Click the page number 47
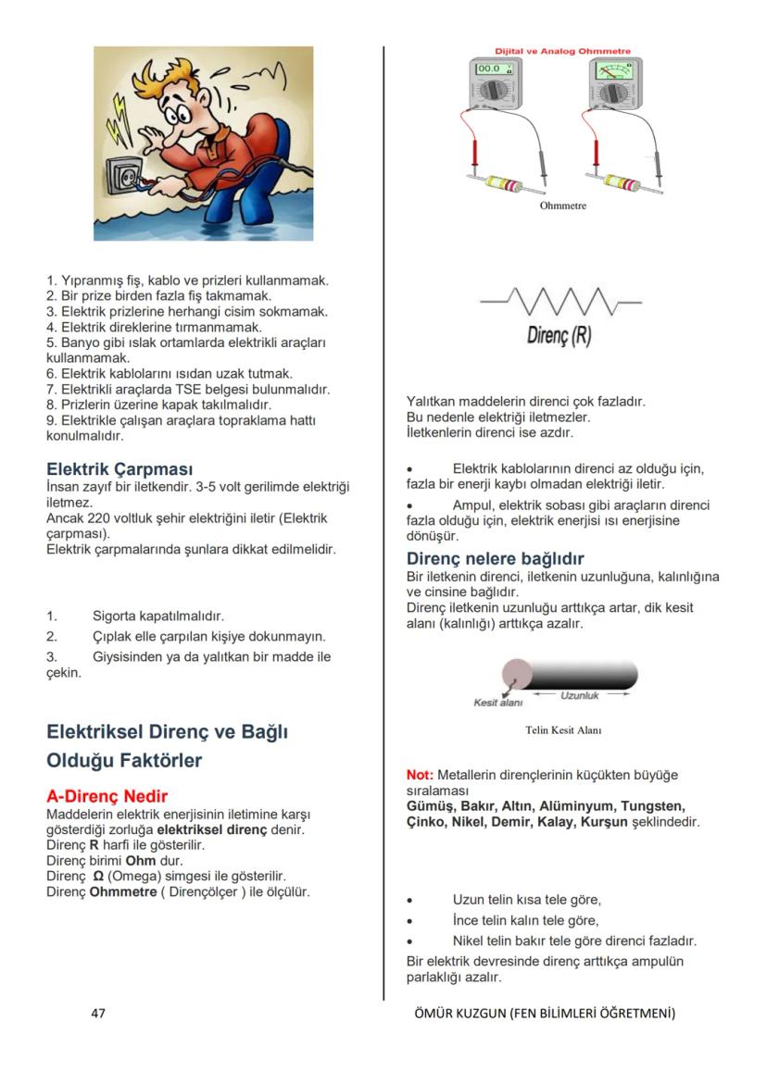click(x=98, y=1014)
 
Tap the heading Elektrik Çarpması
click(x=119, y=469)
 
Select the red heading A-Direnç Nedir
click(x=107, y=796)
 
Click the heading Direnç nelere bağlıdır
click(x=495, y=559)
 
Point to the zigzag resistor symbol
click(x=560, y=301)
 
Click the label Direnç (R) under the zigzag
click(x=559, y=335)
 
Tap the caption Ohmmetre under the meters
click(x=562, y=206)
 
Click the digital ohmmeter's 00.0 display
click(x=488, y=69)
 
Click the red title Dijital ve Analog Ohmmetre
click(x=562, y=51)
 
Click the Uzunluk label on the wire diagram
click(x=580, y=695)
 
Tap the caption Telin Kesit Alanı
click(x=563, y=730)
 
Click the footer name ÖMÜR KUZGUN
click(x=459, y=1014)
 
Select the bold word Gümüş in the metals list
click(x=430, y=806)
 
